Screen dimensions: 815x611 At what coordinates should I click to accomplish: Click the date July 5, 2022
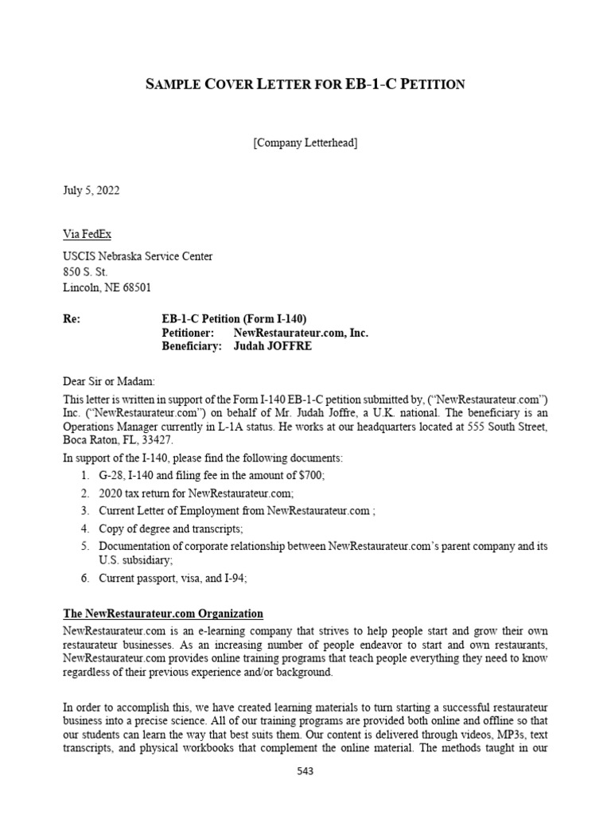point(91,191)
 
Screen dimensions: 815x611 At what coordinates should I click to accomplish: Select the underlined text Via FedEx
point(88,234)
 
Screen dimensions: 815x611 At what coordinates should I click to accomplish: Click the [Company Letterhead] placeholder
point(305,143)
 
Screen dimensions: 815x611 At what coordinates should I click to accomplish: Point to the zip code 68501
point(134,287)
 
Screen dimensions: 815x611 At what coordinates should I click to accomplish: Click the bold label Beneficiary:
point(191,347)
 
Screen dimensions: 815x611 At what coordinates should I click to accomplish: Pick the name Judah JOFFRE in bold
point(273,347)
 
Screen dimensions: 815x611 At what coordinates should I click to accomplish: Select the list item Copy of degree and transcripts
point(171,528)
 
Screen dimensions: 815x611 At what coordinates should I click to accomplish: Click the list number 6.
point(84,579)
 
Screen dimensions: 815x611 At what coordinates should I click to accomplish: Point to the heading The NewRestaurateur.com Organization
point(163,614)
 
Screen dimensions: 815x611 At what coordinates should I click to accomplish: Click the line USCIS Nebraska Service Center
point(138,256)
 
